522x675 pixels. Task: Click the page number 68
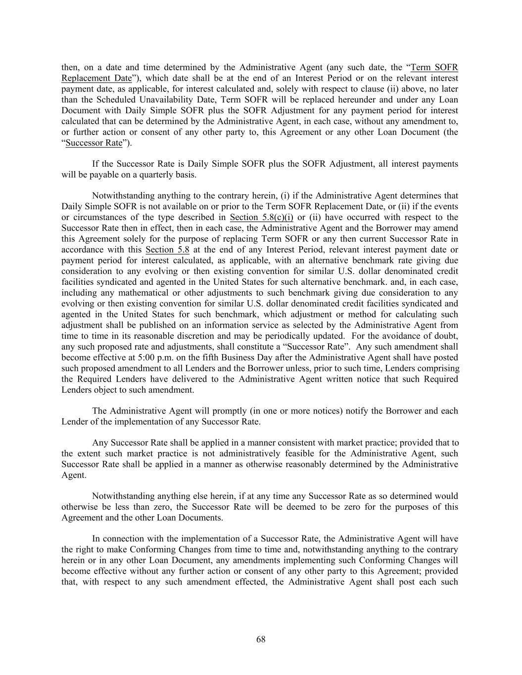[261, 639]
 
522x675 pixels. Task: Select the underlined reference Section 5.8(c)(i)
[262, 218]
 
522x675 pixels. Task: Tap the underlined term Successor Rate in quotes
[94, 143]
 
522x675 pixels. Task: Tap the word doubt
[447, 336]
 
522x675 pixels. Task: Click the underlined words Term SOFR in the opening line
[434, 68]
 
